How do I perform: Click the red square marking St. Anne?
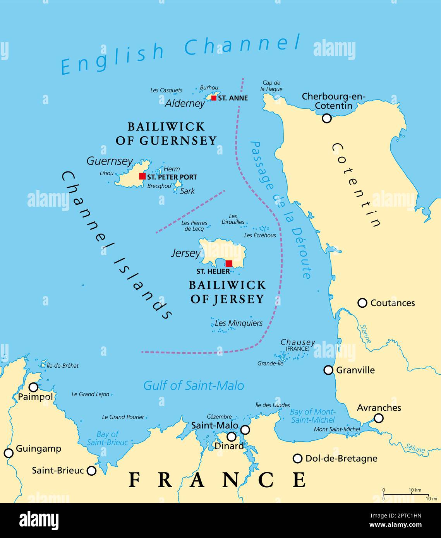point(214,98)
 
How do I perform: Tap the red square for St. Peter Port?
point(142,176)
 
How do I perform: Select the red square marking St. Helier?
point(229,264)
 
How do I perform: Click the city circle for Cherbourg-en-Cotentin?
point(327,118)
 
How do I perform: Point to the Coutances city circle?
point(362,303)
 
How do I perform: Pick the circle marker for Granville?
point(328,370)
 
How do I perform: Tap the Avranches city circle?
point(379,418)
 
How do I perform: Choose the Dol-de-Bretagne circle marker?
point(297,458)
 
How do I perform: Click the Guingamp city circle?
point(9,453)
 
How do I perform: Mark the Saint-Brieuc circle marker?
point(91,471)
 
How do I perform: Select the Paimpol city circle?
point(34,387)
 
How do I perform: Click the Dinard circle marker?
point(231,437)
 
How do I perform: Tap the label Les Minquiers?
point(239,323)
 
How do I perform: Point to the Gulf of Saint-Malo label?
point(194,386)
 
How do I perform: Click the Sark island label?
point(187,191)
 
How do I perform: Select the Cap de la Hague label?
point(271,86)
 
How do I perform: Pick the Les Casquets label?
point(166,90)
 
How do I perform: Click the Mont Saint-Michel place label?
point(337,429)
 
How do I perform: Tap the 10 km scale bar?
point(406,494)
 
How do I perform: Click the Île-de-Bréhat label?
point(62,365)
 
